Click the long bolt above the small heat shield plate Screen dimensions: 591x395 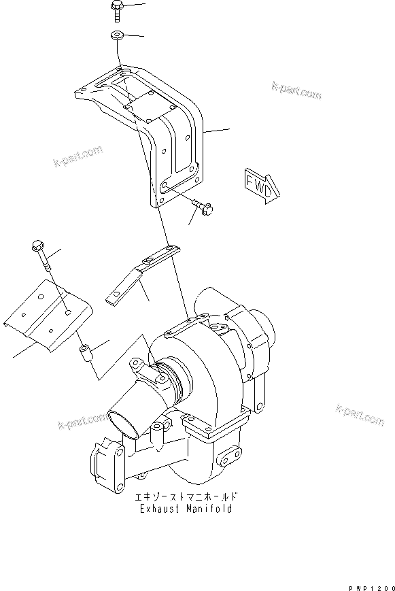tap(43, 258)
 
